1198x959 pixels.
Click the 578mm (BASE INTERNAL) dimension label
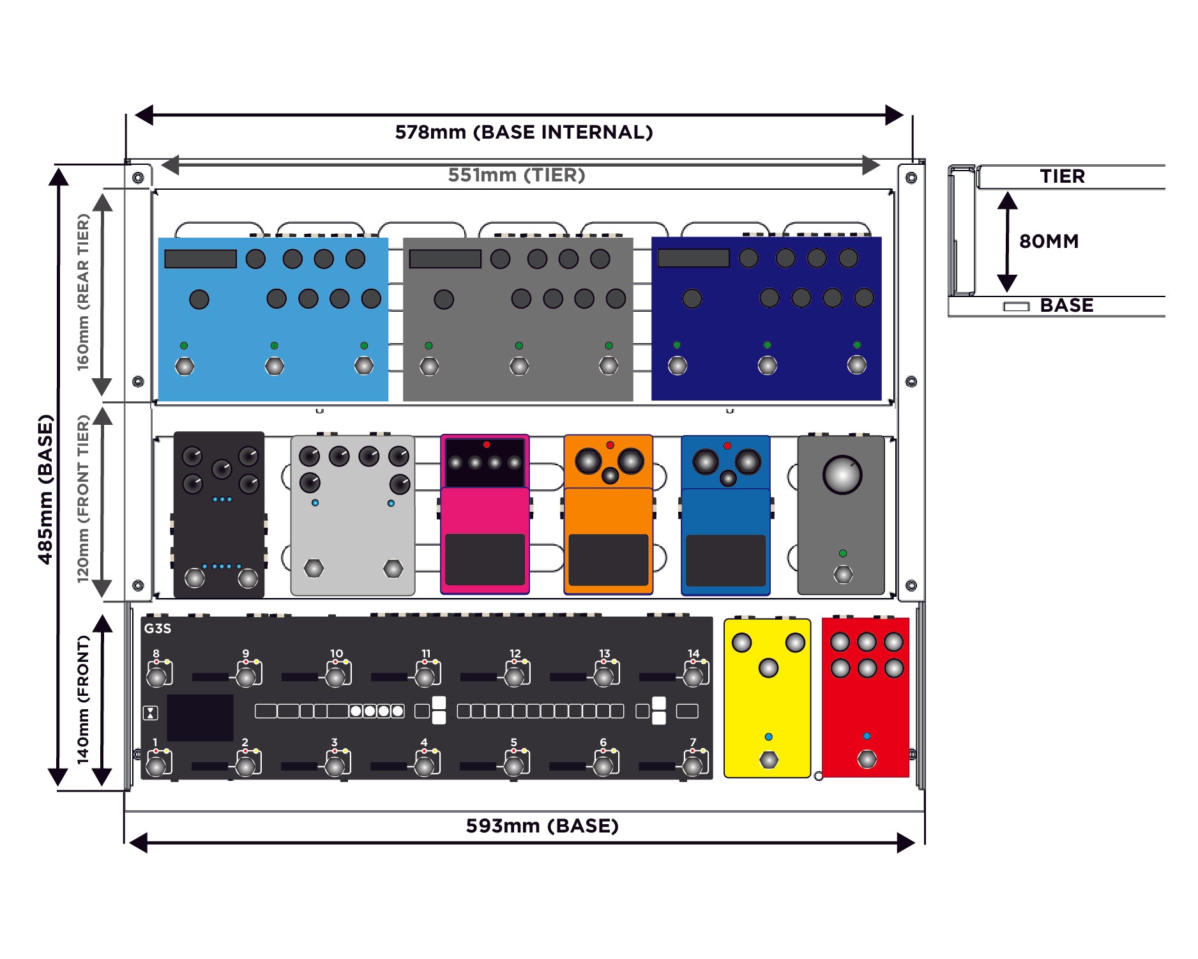[524, 132]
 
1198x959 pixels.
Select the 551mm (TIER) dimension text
[516, 175]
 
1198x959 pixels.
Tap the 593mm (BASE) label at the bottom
[542, 825]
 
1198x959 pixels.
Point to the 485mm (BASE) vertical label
[45, 489]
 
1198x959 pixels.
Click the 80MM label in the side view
[1049, 241]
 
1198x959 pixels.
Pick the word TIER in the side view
[1062, 176]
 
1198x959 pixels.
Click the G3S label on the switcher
[157, 628]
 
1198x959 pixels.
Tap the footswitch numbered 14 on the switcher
[693, 676]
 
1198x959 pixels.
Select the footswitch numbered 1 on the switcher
[156, 765]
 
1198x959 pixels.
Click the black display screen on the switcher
[200, 717]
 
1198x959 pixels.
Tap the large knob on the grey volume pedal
[842, 475]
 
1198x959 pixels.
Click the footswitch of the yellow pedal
[768, 760]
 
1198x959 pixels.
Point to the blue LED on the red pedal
[867, 736]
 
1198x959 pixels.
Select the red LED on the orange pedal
[610, 445]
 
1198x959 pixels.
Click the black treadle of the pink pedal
[485, 559]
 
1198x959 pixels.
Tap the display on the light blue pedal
[201, 259]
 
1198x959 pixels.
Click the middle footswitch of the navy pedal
[767, 365]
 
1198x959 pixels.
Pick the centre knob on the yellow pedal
[768, 668]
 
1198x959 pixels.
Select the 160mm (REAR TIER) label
[84, 292]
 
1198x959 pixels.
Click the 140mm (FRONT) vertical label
[84, 700]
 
